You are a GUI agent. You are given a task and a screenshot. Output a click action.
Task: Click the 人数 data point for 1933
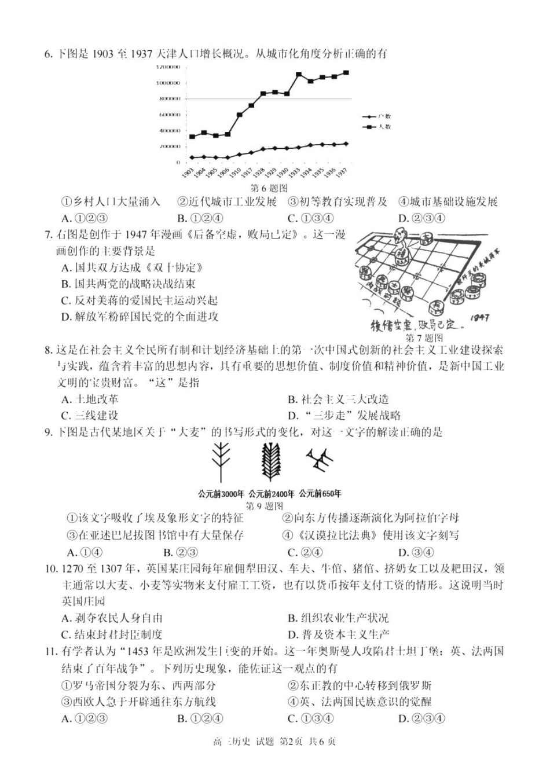[299, 75]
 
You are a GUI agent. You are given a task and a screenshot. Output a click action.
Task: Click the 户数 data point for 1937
[346, 144]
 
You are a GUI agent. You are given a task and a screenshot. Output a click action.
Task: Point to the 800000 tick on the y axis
[170, 98]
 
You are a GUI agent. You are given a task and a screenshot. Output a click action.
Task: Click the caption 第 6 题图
[269, 188]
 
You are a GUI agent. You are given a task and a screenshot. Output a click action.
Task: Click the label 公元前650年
[320, 494]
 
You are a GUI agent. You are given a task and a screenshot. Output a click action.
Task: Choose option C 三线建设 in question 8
[90, 415]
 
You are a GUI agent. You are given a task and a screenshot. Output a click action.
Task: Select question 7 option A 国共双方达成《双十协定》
[133, 267]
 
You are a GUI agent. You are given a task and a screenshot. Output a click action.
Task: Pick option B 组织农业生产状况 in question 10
[338, 618]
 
